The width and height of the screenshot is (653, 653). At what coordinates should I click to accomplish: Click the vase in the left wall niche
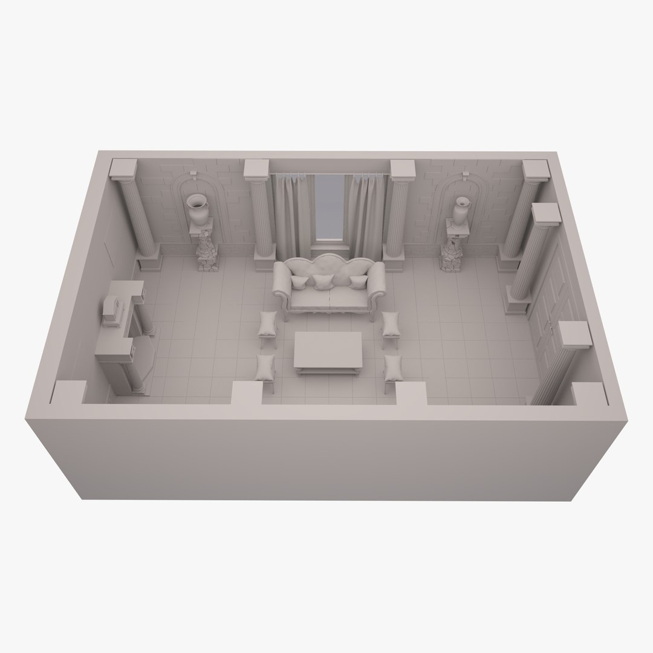coord(198,209)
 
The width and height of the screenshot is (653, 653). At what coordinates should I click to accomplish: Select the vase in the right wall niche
coord(462,210)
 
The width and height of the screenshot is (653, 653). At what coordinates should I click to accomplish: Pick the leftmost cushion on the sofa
coord(299,282)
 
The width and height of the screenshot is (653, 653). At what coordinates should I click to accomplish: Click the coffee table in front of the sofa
coord(327,351)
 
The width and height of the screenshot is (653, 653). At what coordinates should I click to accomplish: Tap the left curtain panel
coord(289,215)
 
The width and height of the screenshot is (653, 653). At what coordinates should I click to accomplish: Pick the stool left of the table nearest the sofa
coord(267,326)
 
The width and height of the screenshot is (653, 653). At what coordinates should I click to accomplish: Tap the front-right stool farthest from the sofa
coord(394,368)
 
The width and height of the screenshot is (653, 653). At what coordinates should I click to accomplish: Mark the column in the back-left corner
coord(138,215)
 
